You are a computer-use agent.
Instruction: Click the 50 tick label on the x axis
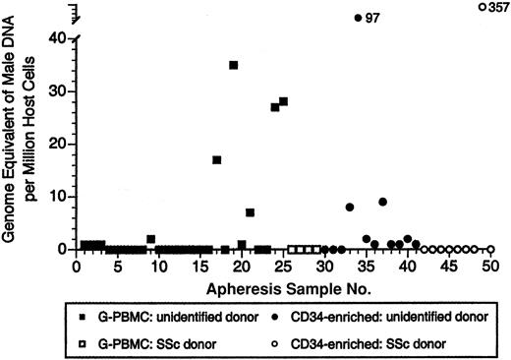(489, 266)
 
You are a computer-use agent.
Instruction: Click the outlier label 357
(498, 7)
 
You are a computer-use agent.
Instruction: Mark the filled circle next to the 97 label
(358, 18)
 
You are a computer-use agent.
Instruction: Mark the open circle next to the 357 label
(482, 7)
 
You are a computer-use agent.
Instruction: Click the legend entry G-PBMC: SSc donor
(135, 342)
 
